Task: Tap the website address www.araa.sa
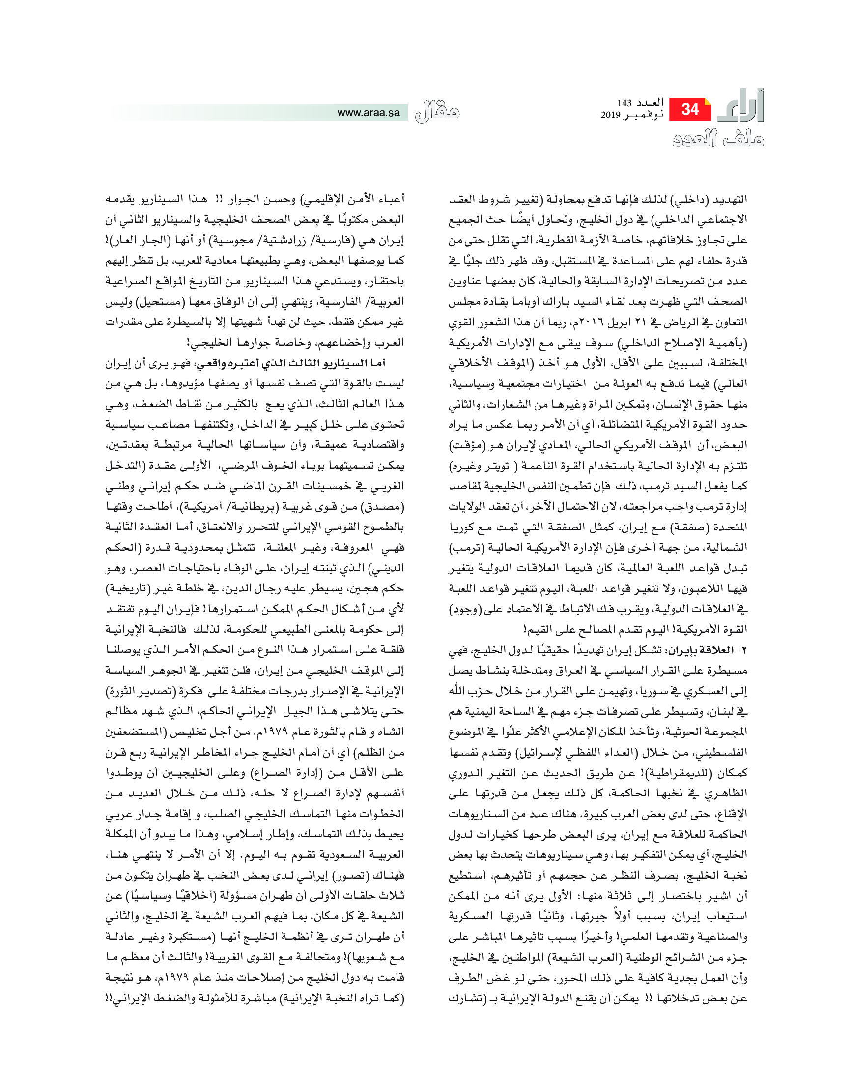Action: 368,113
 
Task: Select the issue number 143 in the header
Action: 624,103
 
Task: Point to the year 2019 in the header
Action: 610,115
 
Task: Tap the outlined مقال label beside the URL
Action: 437,112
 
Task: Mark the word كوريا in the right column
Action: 464,527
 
